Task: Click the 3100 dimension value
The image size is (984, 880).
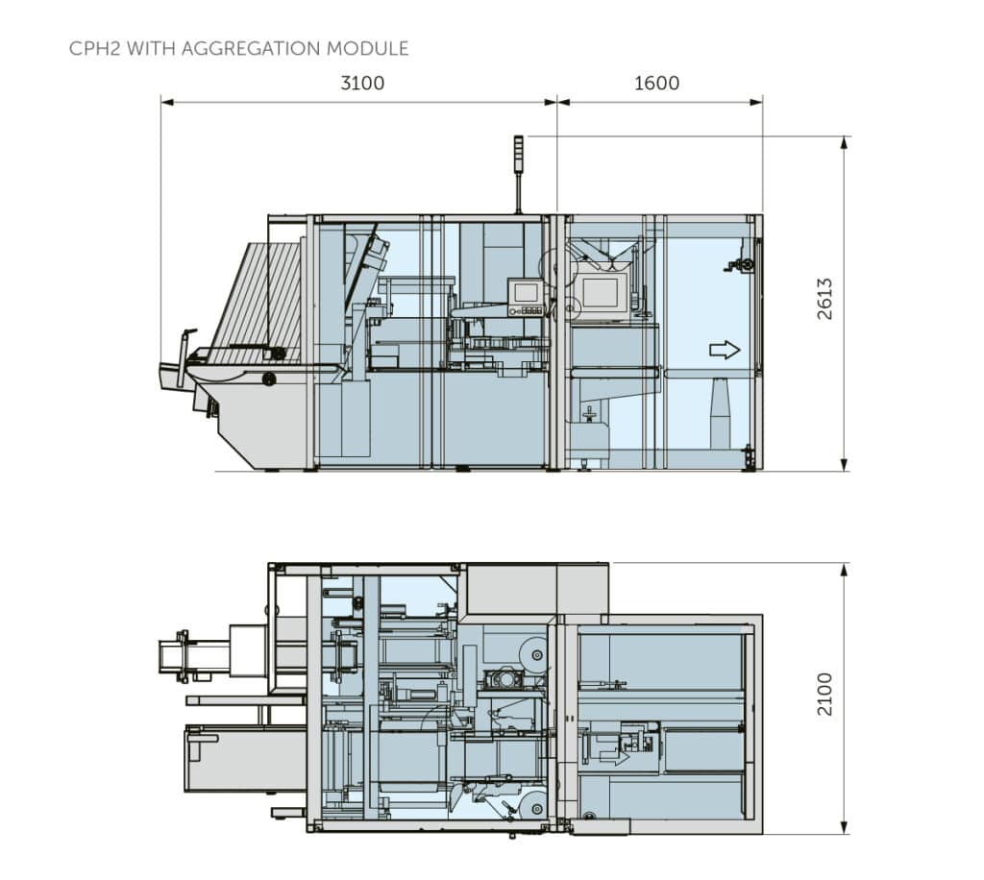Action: click(x=362, y=84)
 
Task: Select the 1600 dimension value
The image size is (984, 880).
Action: click(x=657, y=84)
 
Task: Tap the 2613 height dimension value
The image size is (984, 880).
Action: click(x=825, y=299)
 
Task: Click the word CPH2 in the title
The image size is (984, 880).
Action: click(x=94, y=48)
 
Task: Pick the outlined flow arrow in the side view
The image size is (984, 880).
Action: click(x=725, y=350)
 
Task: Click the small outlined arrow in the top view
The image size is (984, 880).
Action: click(x=614, y=757)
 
